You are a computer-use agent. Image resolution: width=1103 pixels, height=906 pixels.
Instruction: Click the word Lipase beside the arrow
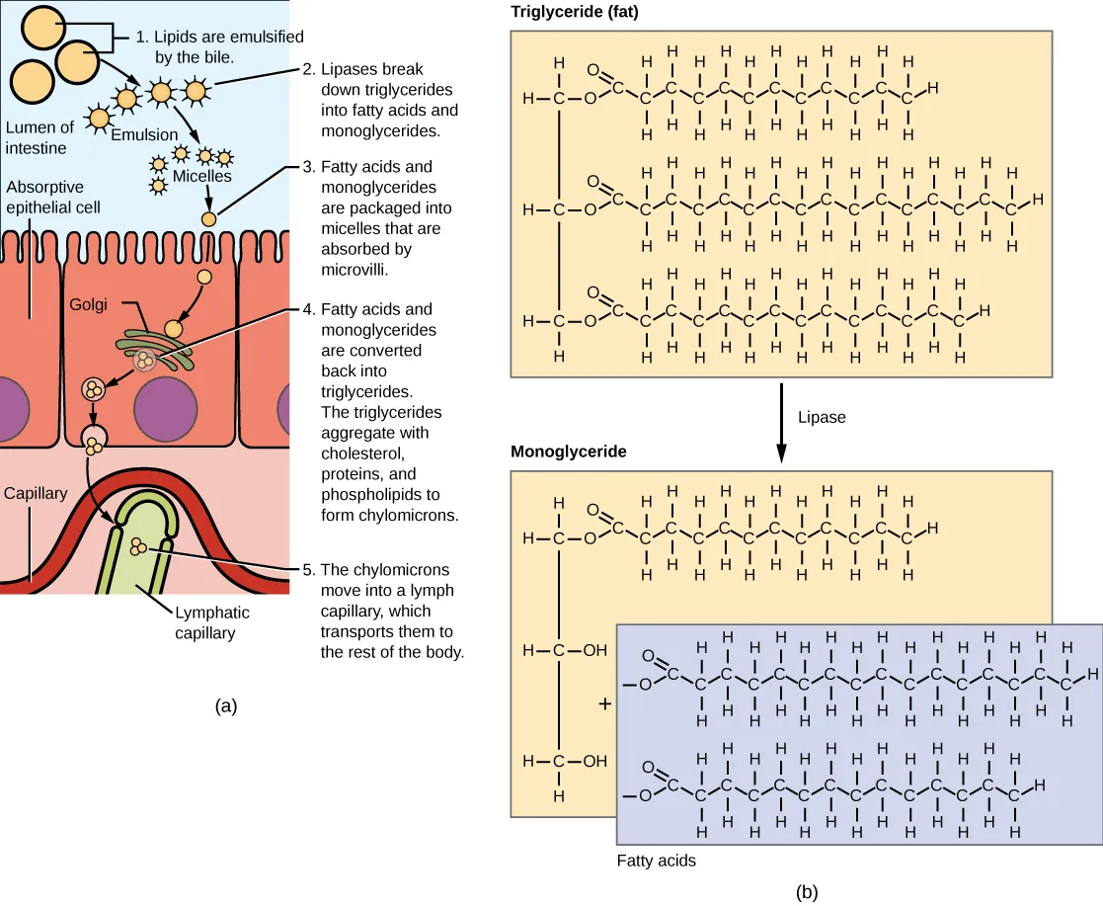click(x=823, y=418)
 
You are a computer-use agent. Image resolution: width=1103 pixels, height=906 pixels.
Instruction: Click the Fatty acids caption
click(x=657, y=860)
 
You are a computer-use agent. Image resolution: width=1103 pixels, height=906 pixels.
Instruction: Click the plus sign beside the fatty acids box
click(x=605, y=704)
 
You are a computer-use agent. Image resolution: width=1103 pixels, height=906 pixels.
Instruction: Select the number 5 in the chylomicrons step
click(x=310, y=570)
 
